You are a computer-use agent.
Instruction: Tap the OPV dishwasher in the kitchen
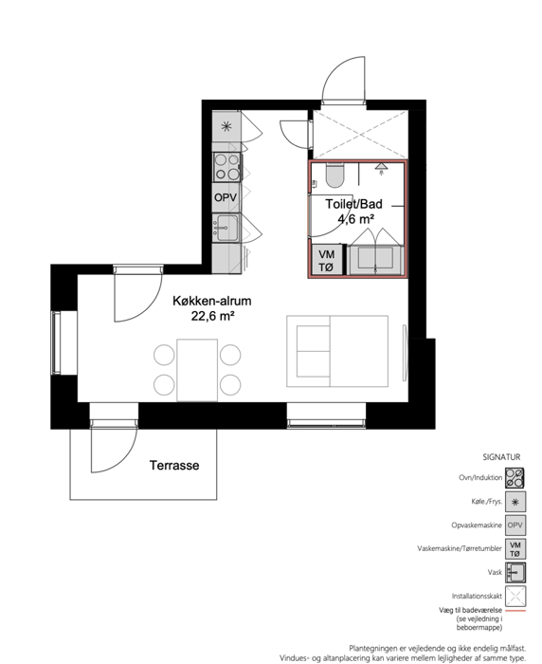[x=226, y=197]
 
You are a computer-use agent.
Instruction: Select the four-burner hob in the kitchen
[x=226, y=167]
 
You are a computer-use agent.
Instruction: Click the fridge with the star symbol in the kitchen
[x=226, y=126]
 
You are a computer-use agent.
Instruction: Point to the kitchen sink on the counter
[x=226, y=228]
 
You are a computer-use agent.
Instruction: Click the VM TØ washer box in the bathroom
[x=327, y=260]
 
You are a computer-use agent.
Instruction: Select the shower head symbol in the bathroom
[x=381, y=168]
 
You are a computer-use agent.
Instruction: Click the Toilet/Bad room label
[x=353, y=204]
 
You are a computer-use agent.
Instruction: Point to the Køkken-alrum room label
[x=212, y=301]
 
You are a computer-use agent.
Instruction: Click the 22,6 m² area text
[x=212, y=316]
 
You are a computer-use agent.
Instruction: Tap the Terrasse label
[x=174, y=466]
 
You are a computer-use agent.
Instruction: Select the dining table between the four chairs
[x=197, y=370]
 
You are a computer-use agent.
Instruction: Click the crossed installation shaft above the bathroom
[x=360, y=135]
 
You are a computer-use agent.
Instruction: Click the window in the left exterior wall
[x=56, y=342]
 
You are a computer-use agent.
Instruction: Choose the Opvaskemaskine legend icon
[x=515, y=526]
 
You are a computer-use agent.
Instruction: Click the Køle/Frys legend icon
[x=515, y=502]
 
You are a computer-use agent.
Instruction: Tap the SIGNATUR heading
[x=501, y=457]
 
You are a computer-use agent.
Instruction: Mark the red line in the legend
[x=515, y=611]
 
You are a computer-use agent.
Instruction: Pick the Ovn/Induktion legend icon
[x=515, y=478]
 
